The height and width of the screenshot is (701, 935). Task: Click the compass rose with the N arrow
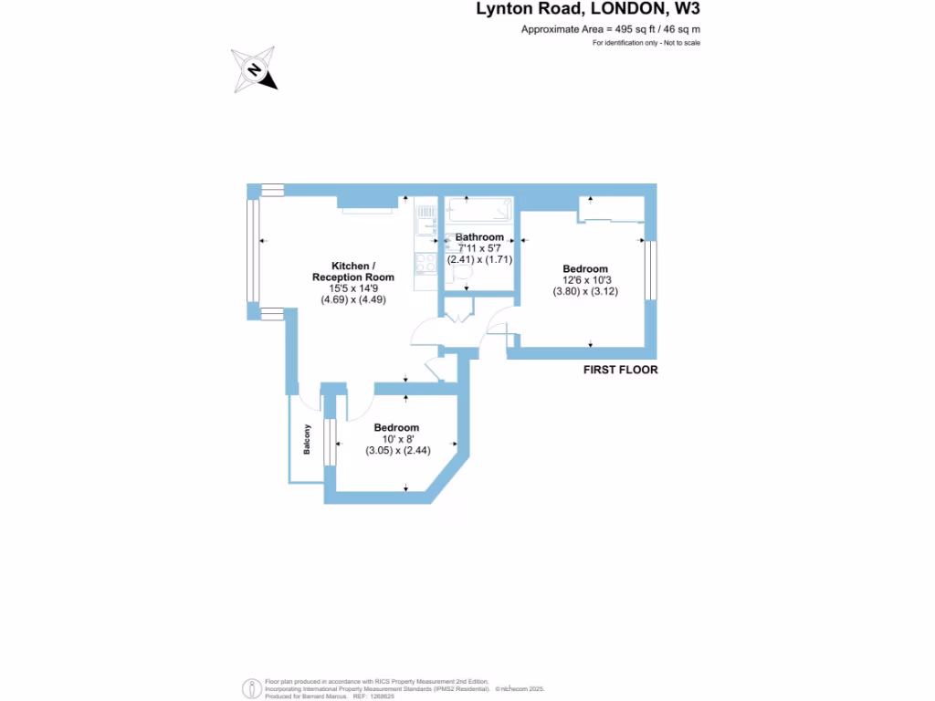pyautogui.click(x=255, y=70)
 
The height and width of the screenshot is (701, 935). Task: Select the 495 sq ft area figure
pyautogui.click(x=638, y=29)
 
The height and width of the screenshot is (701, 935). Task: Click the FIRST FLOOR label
pyautogui.click(x=621, y=371)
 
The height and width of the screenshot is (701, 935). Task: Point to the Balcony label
pyautogui.click(x=308, y=441)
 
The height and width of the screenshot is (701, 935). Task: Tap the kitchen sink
pyautogui.click(x=426, y=223)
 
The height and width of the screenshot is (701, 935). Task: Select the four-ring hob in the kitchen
pyautogui.click(x=426, y=263)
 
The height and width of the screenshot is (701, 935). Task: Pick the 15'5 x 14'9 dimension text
pyautogui.click(x=352, y=288)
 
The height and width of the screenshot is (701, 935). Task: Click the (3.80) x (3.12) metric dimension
pyautogui.click(x=585, y=291)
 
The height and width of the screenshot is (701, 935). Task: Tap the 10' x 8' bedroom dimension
pyautogui.click(x=397, y=439)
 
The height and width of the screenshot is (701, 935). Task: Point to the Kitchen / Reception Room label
pyautogui.click(x=352, y=271)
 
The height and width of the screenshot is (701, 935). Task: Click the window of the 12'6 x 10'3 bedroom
pyautogui.click(x=650, y=269)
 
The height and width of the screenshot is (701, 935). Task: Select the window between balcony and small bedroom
pyautogui.click(x=330, y=442)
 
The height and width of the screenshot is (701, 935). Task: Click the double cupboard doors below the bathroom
pyautogui.click(x=457, y=318)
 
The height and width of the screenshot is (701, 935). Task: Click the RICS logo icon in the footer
pyautogui.click(x=249, y=687)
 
